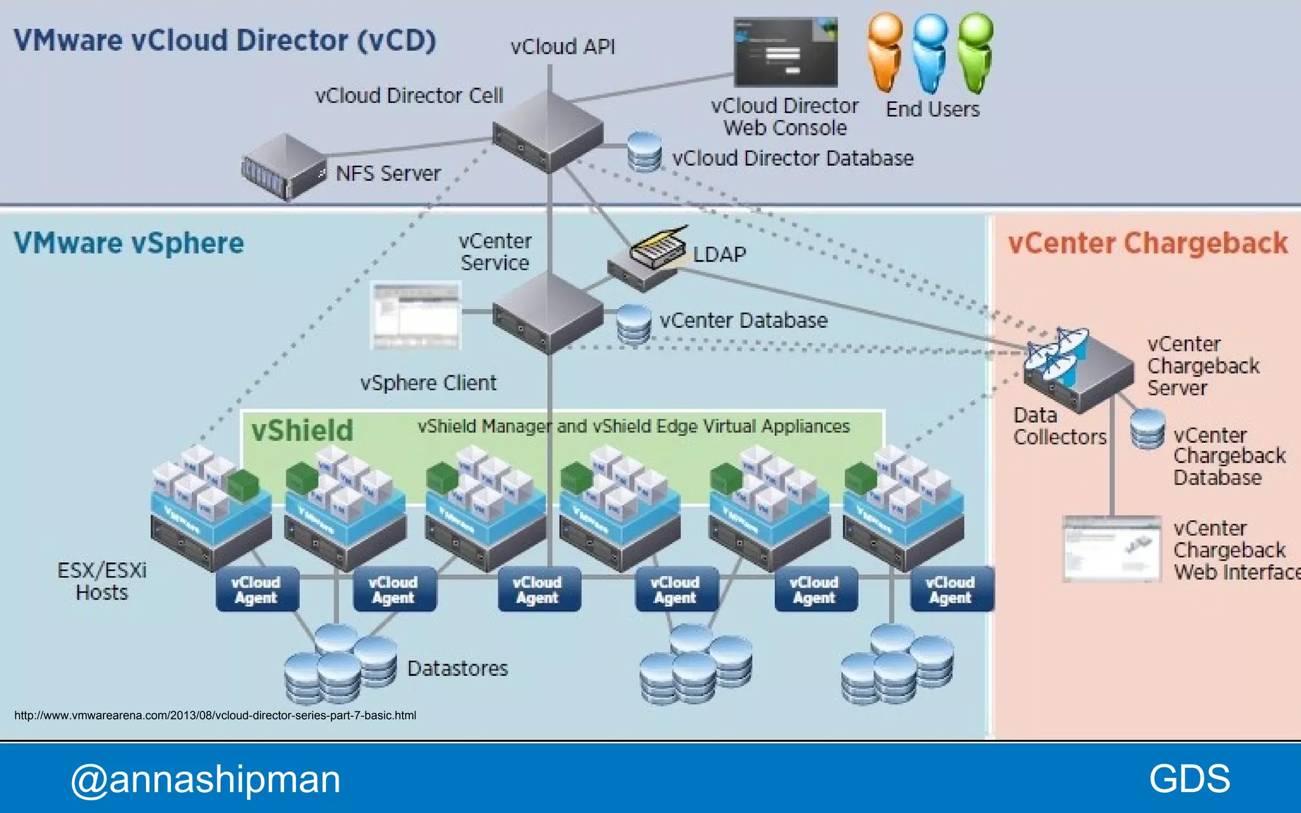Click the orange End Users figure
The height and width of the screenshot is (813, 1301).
886,53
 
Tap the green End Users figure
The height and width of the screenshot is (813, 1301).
976,53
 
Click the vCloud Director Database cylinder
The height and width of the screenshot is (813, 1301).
644,152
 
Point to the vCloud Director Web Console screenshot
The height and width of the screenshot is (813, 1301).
785,52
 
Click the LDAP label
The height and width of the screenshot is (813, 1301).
719,255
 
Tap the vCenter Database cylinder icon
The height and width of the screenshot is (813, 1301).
633,324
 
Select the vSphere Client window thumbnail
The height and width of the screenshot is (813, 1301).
416,316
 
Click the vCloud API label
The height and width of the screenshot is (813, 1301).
563,47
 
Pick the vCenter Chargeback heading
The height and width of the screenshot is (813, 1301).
1148,243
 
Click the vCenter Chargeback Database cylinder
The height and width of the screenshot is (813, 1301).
1147,429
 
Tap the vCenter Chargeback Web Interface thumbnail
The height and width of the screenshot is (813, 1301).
1112,549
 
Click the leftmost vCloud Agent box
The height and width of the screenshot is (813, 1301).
257,589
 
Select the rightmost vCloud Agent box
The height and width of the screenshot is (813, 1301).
951,589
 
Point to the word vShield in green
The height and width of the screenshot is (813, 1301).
302,431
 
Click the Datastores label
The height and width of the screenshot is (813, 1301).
457,669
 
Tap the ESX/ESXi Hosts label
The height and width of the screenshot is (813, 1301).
102,581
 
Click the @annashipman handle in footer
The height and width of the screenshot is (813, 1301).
205,779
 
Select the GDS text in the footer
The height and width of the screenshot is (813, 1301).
1189,779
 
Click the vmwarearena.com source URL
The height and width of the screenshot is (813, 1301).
215,715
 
